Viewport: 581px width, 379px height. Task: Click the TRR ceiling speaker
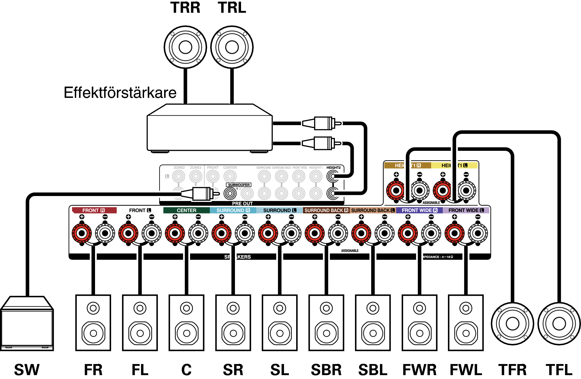(185, 47)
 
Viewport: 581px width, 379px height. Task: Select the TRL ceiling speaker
(232, 47)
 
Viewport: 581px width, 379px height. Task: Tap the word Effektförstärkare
(120, 93)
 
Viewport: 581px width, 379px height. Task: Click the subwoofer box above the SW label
(27, 324)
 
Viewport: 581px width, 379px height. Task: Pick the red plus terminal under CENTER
(175, 233)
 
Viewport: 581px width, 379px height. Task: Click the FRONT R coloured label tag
(94, 210)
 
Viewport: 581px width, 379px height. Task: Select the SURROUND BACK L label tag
(373, 210)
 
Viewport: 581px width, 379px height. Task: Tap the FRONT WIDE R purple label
(419, 210)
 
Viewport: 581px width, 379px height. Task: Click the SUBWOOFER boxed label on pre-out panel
(239, 185)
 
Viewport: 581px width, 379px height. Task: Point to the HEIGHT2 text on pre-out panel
(333, 168)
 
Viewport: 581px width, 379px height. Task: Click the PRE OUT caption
(242, 204)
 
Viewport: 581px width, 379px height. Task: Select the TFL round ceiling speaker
(559, 324)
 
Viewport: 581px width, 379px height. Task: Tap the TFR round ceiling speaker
(512, 324)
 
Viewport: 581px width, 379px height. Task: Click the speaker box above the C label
(186, 323)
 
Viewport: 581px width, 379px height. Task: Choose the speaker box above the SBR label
(326, 323)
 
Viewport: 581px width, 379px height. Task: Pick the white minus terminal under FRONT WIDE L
(478, 233)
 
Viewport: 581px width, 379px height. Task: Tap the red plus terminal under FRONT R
(82, 233)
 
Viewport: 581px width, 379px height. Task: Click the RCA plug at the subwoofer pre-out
(202, 194)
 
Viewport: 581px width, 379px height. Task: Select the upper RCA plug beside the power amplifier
(321, 123)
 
